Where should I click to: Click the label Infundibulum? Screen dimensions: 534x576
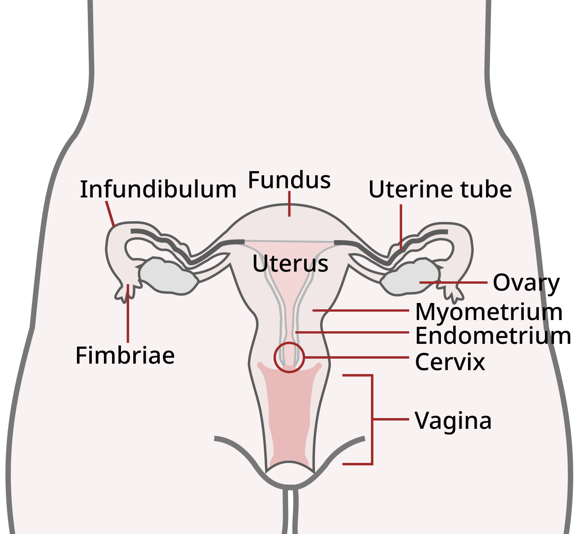158,189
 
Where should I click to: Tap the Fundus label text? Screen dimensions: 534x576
289,180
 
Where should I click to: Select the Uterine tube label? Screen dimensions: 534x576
440,189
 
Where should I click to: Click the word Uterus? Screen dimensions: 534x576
290,263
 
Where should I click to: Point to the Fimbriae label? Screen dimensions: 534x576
125,356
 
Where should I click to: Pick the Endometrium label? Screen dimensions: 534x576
481,336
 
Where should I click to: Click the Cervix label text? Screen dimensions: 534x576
450,362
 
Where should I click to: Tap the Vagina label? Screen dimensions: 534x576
453,421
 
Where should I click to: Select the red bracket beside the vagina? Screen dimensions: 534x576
372,419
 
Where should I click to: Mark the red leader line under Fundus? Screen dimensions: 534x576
289,204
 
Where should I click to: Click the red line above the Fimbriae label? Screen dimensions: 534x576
128,315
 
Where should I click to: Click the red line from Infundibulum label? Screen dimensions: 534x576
110,213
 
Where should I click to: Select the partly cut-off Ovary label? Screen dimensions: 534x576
518,282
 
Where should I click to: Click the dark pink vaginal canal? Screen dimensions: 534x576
288,414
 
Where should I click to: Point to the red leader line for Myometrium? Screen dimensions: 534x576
360,310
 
